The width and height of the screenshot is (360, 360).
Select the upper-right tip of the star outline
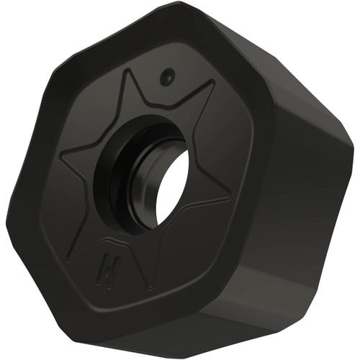[x=214, y=82]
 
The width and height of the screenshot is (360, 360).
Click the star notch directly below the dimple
[x=164, y=108]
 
